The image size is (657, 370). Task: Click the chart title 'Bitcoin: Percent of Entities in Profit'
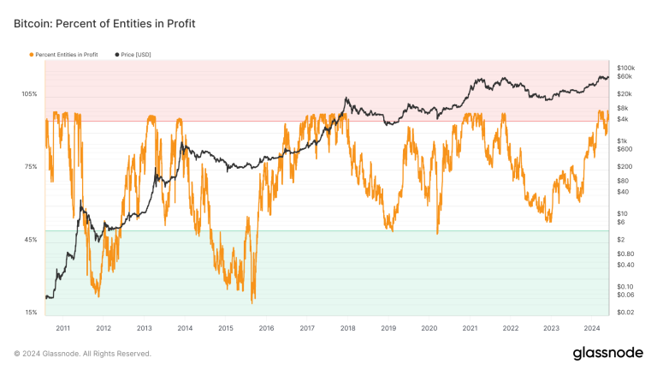tap(105, 24)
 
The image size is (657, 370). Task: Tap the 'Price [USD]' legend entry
tap(135, 55)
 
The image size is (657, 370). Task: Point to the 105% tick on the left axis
tap(29, 93)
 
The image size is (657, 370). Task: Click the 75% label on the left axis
tap(30, 166)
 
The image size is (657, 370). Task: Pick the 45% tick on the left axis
tap(30, 239)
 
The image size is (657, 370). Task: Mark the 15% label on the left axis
tap(30, 312)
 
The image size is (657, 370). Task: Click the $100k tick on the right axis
tap(625, 68)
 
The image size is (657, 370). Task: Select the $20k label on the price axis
tap(624, 93)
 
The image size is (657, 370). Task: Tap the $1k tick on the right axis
tap(622, 140)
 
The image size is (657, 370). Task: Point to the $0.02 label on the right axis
tap(624, 312)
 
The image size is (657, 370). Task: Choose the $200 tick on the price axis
tap(624, 166)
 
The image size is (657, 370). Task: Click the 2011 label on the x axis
tap(62, 328)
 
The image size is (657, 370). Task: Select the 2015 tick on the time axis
tap(226, 328)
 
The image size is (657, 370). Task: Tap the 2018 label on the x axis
tap(348, 328)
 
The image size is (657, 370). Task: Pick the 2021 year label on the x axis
tap(470, 328)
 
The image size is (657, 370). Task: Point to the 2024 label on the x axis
tap(592, 328)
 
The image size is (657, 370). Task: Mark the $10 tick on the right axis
tap(622, 213)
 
